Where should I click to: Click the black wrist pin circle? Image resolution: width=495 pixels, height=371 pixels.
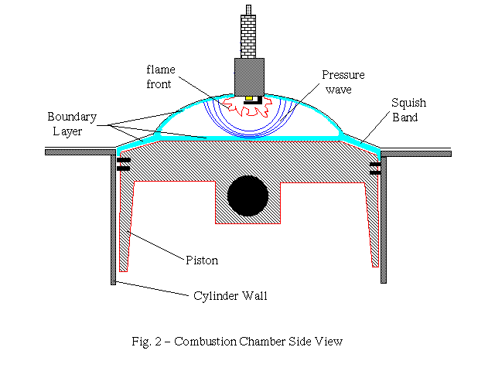coord(247,195)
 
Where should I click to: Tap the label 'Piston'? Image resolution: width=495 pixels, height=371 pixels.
coord(202,260)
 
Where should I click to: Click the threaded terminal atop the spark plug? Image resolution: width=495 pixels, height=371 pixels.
coord(249,12)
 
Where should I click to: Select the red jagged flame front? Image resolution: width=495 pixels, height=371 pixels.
coord(248,113)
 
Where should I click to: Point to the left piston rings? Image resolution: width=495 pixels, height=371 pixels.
coord(123,165)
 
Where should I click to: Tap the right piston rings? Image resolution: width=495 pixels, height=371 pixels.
coord(376,165)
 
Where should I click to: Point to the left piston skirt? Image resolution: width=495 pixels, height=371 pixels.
coord(128,224)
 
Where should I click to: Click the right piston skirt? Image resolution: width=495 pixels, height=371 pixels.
coord(373,224)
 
